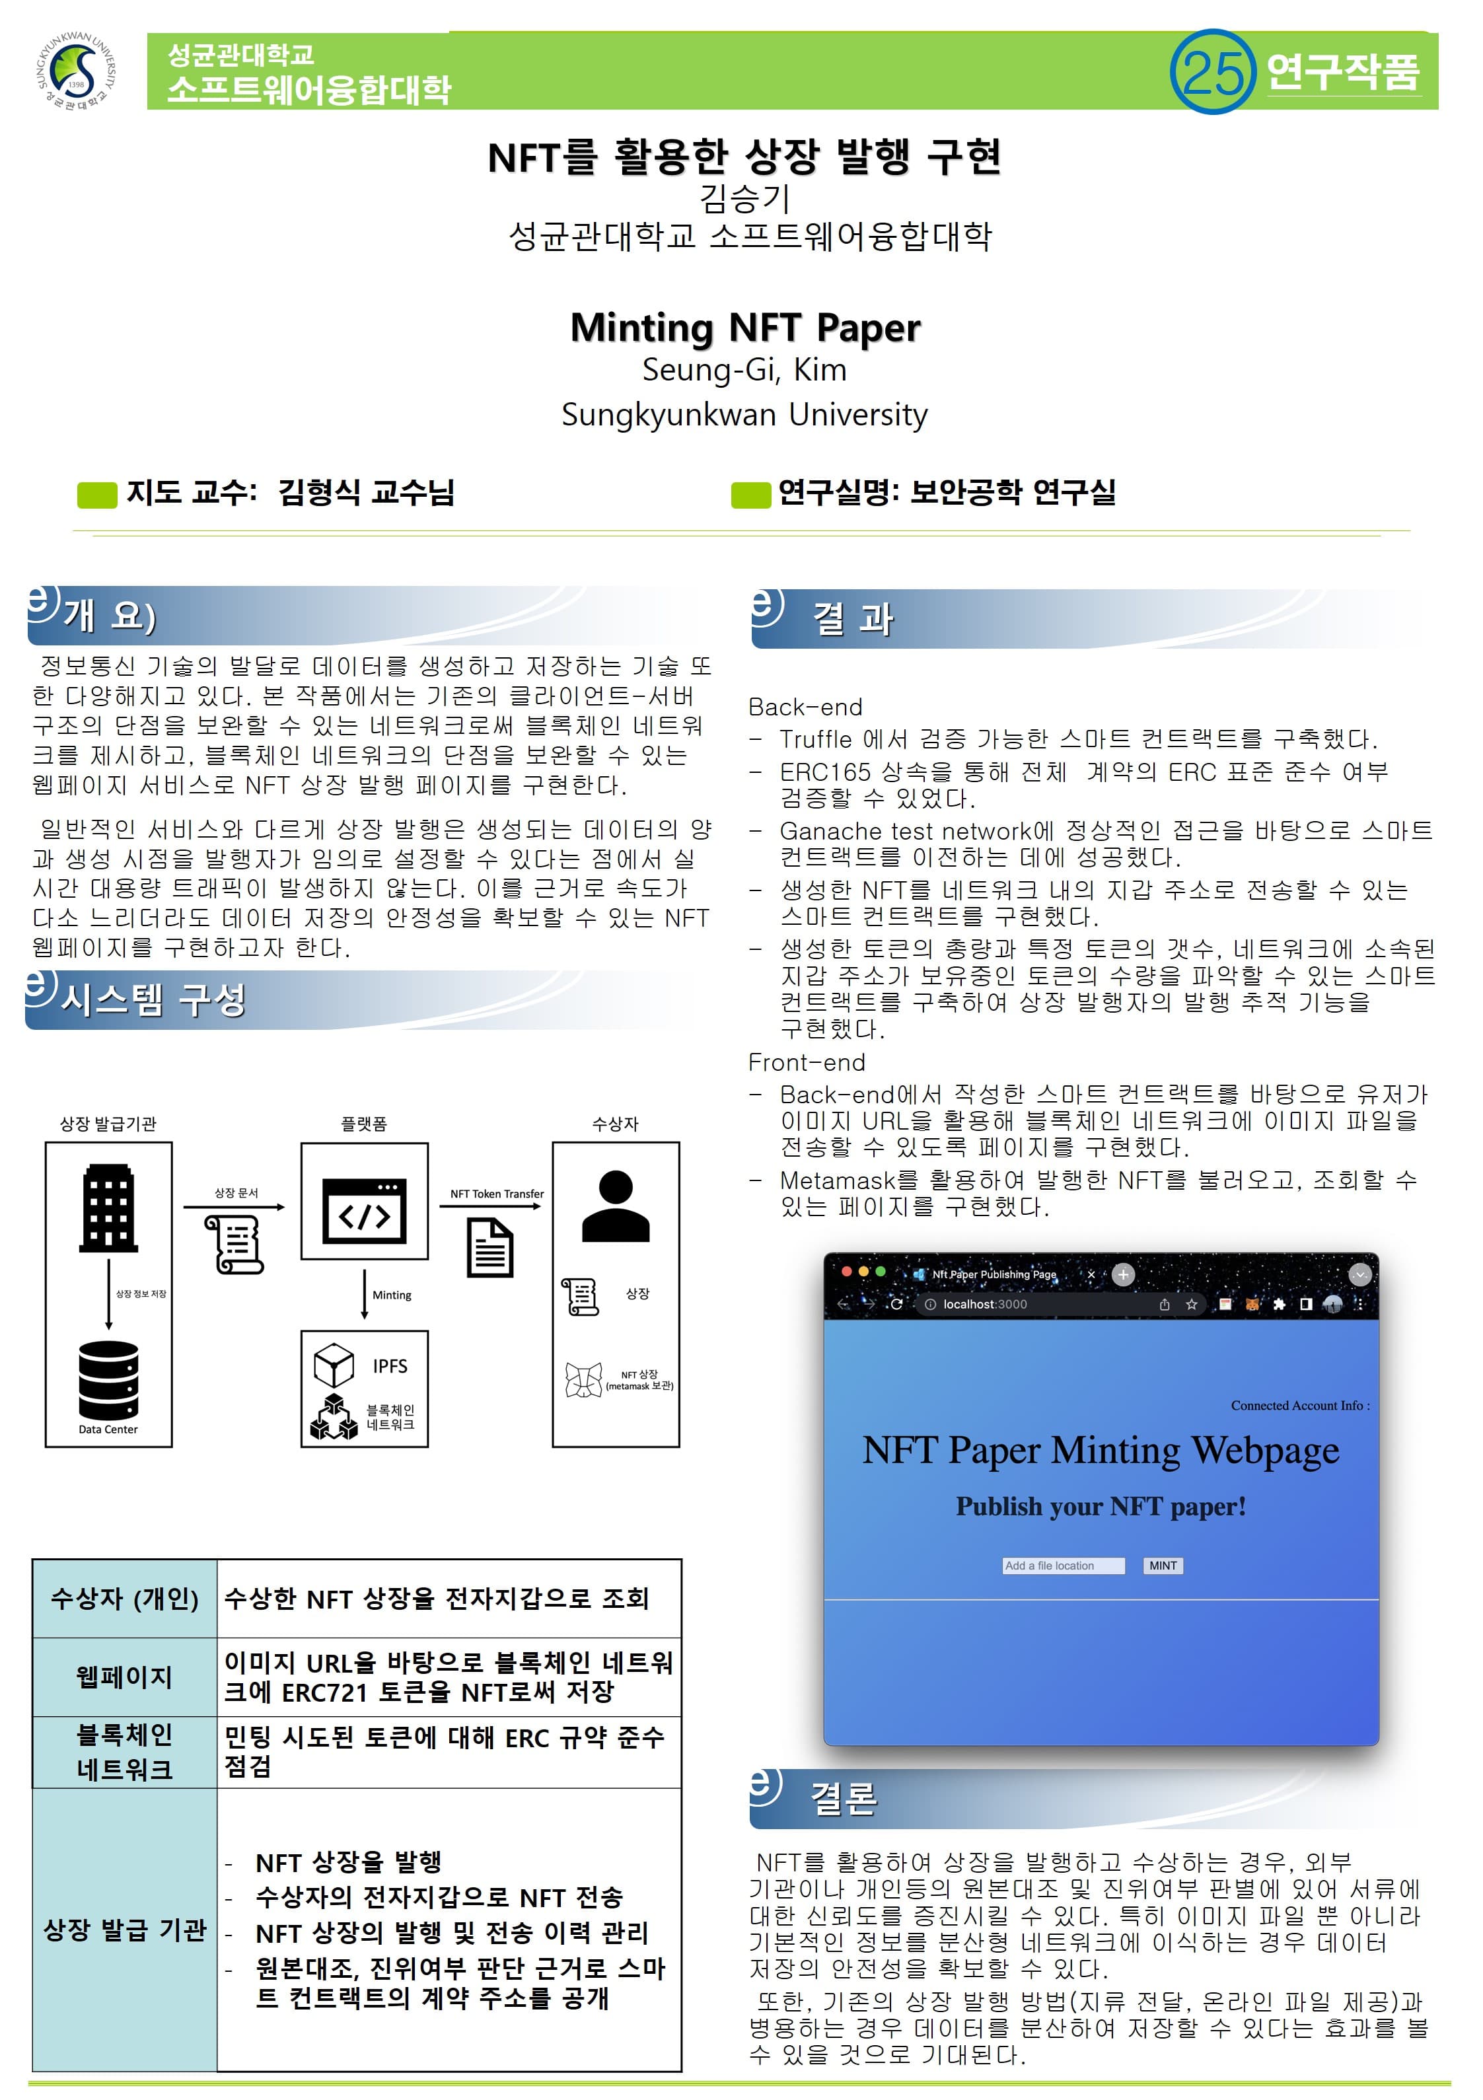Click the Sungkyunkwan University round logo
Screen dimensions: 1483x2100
pos(77,72)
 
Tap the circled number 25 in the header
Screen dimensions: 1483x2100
pos(1213,71)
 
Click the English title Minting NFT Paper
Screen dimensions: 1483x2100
pos(744,328)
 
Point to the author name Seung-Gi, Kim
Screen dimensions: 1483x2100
pos(744,369)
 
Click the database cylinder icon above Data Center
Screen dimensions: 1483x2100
pos(108,1380)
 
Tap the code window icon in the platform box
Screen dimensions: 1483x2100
pos(364,1210)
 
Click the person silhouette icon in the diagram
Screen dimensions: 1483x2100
pos(616,1206)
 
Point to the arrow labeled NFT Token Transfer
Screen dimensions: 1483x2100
pos(491,1206)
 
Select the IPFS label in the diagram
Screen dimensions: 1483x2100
pos(390,1365)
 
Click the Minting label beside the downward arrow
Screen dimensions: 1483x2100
pos(392,1295)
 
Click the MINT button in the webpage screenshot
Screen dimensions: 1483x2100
pos(1163,1566)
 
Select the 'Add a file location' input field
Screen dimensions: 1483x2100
pos(1063,1566)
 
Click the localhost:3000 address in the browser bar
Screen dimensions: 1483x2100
pos(986,1304)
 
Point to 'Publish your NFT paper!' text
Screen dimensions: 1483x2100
pos(1101,1506)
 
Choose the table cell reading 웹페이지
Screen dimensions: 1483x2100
pos(124,1677)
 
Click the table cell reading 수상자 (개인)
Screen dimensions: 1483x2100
pos(124,1599)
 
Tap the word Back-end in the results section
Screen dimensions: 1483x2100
pos(805,707)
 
